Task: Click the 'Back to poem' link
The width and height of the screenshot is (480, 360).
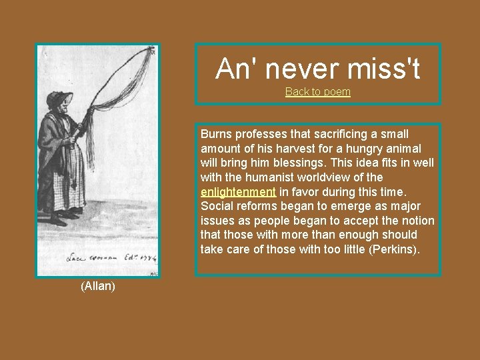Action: [317, 92]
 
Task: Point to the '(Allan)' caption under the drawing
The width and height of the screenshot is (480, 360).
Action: [98, 287]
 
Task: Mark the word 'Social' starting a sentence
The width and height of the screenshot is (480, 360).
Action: [216, 206]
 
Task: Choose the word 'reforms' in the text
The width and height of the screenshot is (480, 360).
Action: [257, 206]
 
